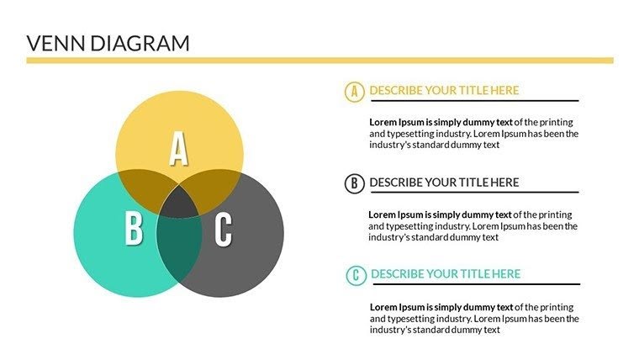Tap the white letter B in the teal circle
(133, 229)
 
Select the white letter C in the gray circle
(223, 229)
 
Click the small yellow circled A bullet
(354, 91)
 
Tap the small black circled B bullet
(354, 183)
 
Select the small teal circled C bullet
(356, 274)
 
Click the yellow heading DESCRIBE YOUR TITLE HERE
(444, 90)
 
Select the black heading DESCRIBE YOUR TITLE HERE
(444, 183)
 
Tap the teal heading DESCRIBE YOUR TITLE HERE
(446, 274)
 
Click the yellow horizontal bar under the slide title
(319, 61)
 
